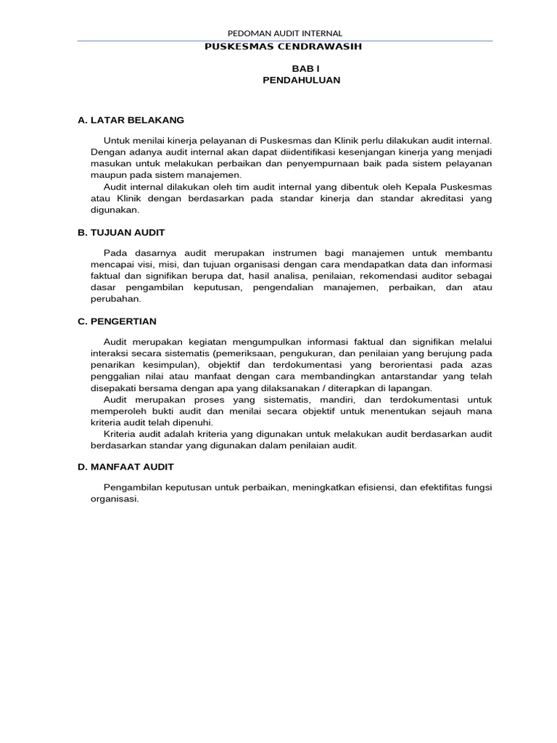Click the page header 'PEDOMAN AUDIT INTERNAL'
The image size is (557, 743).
(285, 33)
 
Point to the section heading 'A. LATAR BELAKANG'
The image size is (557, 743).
(131, 120)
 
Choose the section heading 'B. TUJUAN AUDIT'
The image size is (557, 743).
(121, 232)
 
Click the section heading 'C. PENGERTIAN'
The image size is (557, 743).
(117, 321)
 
